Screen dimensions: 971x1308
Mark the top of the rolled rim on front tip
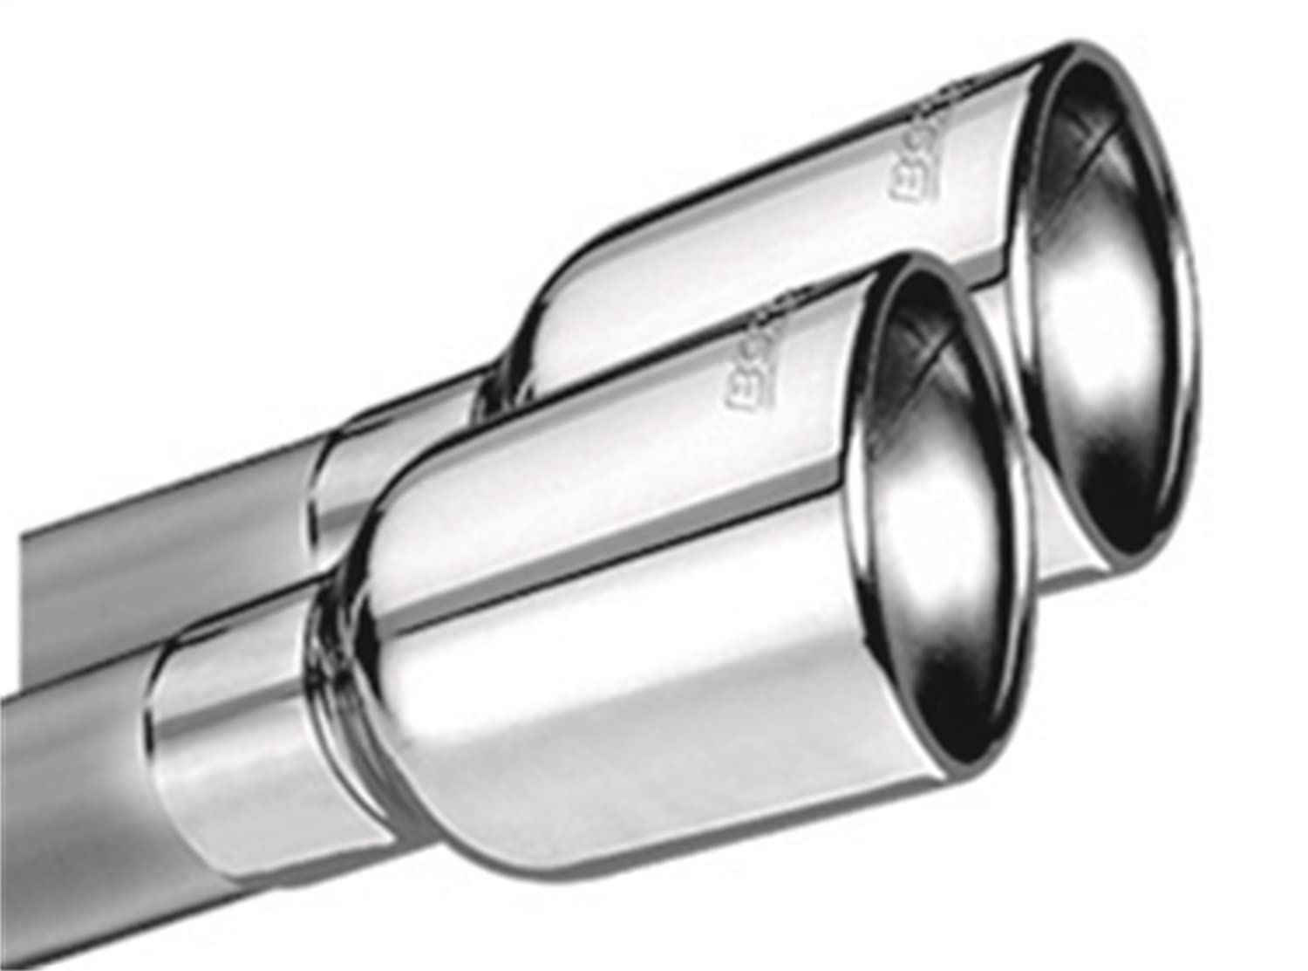[x=898, y=262]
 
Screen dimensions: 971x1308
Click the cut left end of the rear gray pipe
[x=26, y=558]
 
